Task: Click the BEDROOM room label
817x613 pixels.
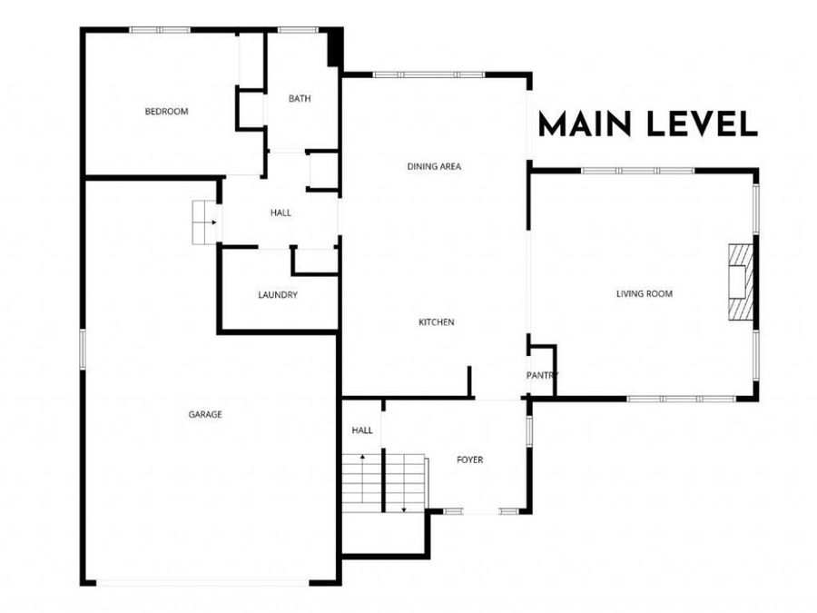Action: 166,112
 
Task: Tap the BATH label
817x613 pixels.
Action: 300,98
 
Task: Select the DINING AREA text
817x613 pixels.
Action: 434,167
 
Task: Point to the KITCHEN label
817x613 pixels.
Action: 437,322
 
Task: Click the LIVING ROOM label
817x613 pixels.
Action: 645,294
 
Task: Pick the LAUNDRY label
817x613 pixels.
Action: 278,295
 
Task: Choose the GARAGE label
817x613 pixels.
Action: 205,414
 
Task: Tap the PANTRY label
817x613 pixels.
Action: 542,375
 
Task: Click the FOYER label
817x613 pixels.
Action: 469,460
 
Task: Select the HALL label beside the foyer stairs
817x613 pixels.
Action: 362,430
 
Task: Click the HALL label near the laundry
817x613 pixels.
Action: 281,213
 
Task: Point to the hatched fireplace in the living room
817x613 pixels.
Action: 741,282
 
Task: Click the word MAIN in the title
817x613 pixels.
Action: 586,125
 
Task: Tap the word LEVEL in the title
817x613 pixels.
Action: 702,125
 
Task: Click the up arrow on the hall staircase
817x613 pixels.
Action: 362,479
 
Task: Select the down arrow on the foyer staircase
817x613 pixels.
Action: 403,483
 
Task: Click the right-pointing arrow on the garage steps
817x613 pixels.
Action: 205,222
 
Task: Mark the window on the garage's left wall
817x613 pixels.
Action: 83,350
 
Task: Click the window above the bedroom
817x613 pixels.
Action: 160,30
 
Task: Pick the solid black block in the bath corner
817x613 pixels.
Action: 334,47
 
